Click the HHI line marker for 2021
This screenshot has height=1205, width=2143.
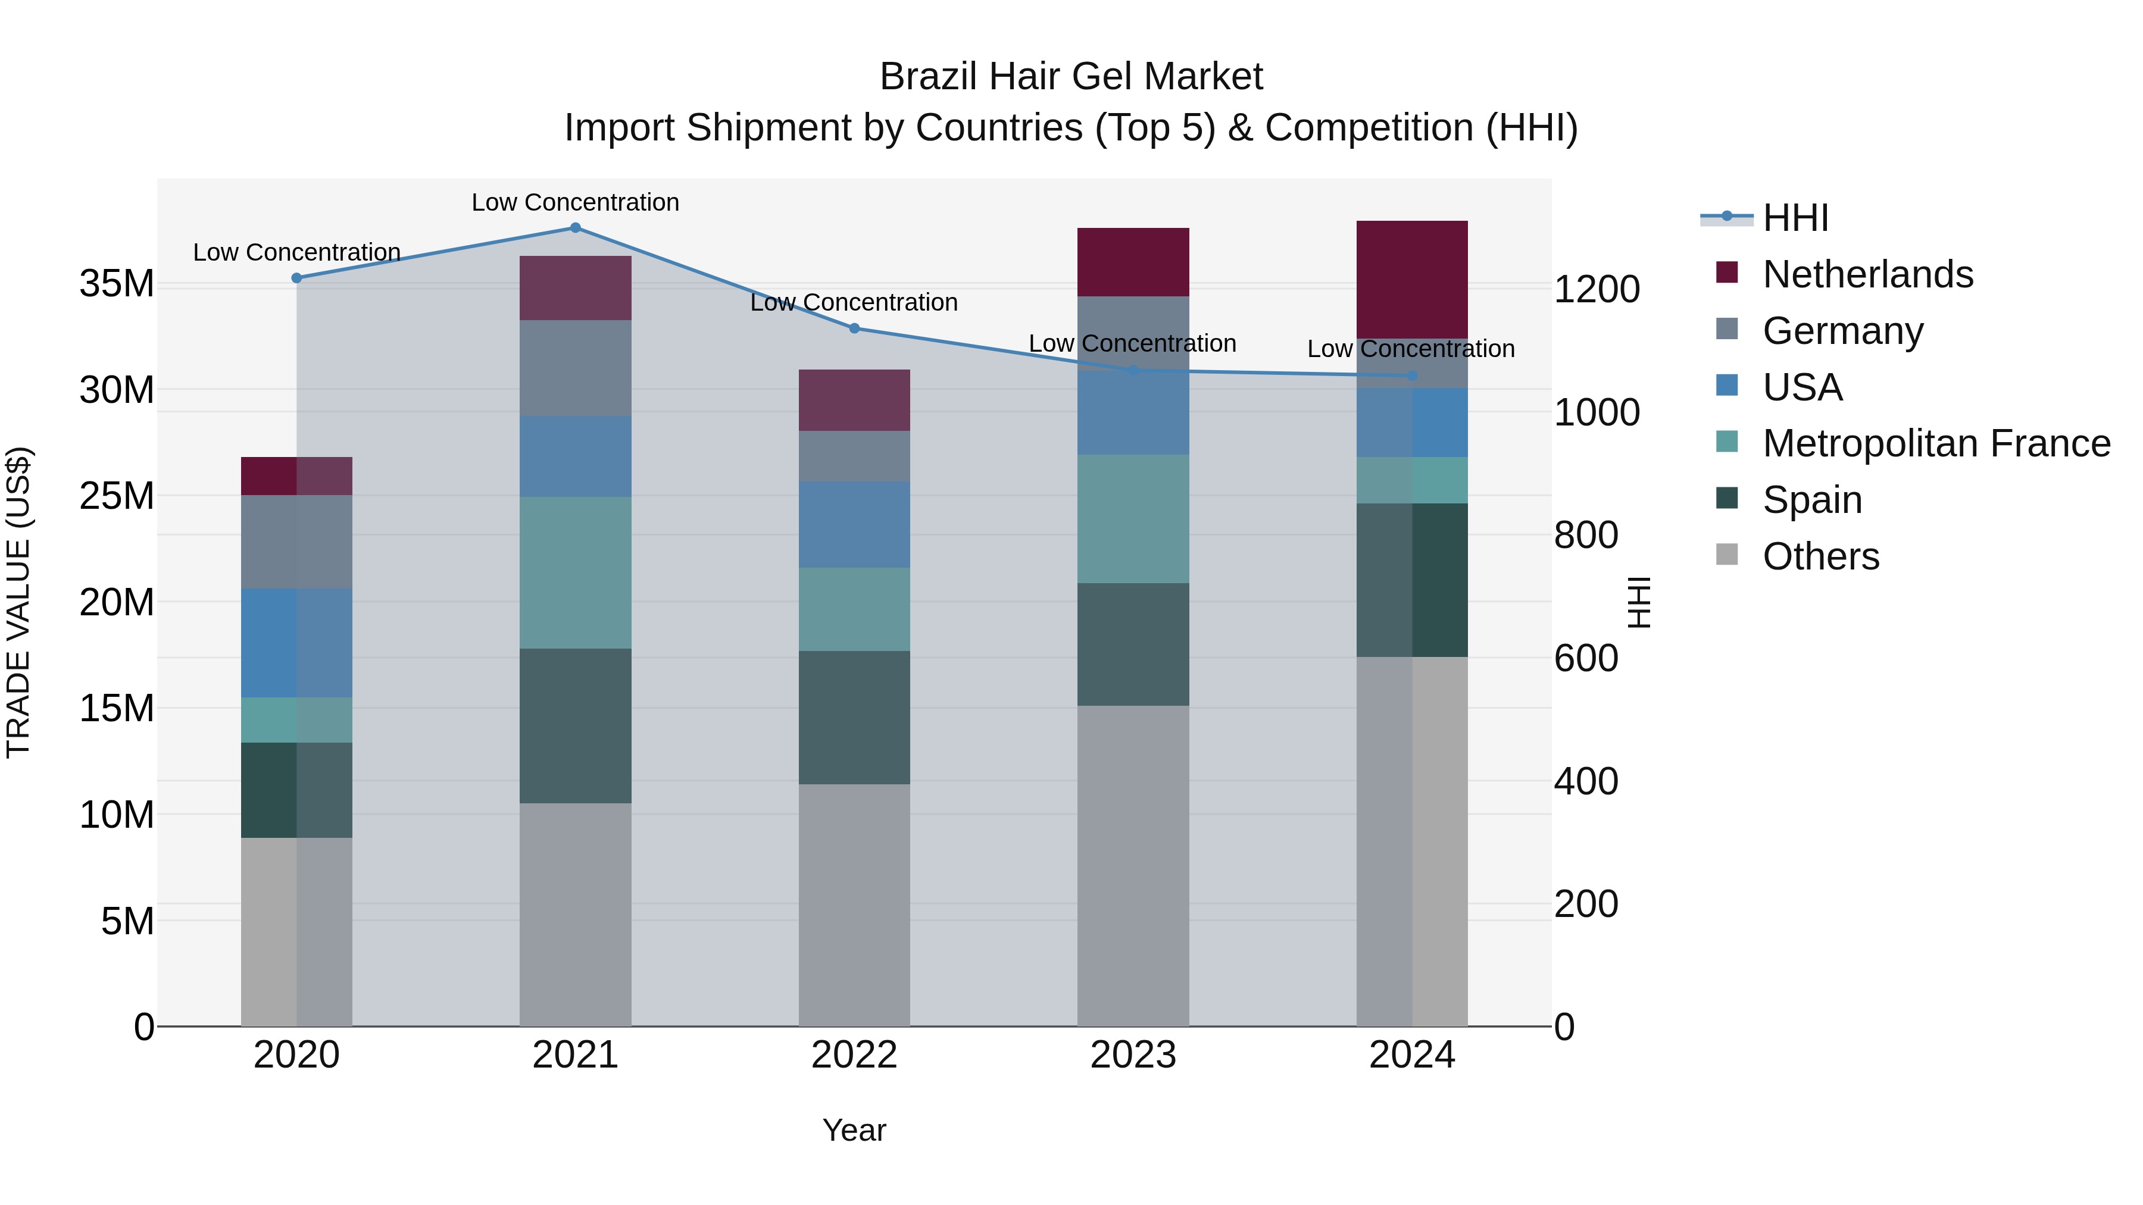tap(575, 228)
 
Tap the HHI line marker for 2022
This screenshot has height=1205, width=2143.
tap(854, 328)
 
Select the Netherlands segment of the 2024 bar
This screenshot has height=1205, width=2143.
tap(1412, 280)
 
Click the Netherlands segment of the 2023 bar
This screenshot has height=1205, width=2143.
tap(1133, 262)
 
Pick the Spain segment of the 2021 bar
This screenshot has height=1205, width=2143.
tap(575, 725)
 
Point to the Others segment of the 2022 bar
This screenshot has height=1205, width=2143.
tap(854, 904)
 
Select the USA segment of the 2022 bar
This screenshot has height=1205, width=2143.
tap(854, 525)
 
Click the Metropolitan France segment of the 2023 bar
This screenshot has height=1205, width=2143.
tap(1133, 519)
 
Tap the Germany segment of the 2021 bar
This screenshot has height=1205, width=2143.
tap(575, 368)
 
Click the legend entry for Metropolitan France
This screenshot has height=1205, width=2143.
tap(1936, 443)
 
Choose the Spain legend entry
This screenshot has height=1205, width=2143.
tap(1812, 500)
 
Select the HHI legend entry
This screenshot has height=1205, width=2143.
tap(1795, 218)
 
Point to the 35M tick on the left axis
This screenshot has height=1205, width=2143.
tap(117, 284)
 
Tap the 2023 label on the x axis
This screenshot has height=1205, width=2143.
tap(1133, 1055)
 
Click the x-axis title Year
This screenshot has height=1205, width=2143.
tap(854, 1130)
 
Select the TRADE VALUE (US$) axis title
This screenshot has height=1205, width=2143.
tap(18, 602)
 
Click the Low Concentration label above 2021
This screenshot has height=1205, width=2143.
tap(575, 202)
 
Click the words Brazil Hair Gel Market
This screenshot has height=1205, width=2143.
tap(1071, 77)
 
